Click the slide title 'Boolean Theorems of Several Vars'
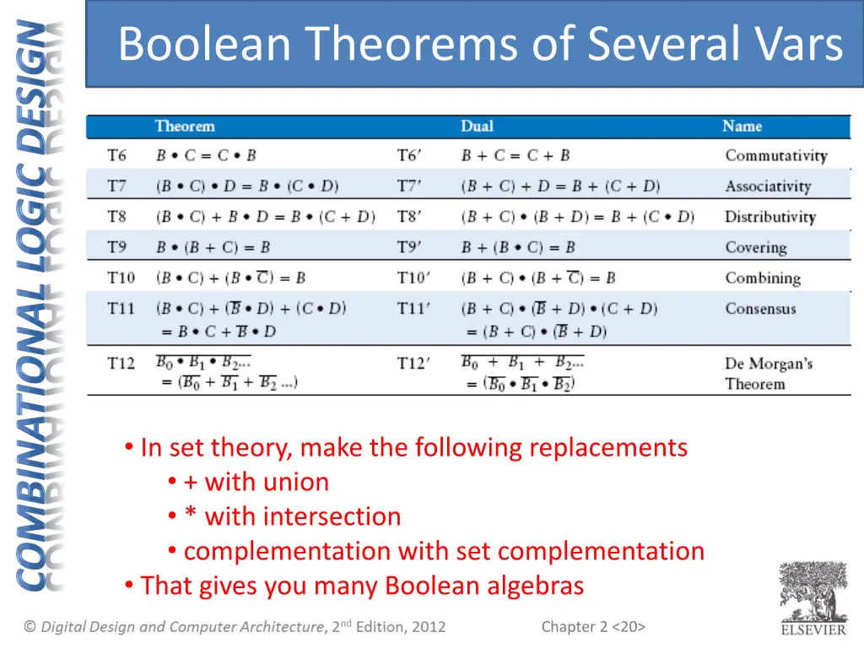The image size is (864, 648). tap(480, 44)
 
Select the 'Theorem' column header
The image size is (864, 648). tap(185, 127)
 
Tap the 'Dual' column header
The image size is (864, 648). tap(477, 127)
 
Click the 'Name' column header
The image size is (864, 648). tap(742, 127)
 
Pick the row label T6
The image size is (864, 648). tap(116, 155)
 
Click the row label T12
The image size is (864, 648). tap(121, 364)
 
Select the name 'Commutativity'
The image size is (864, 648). tap(775, 155)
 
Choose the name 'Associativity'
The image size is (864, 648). tap(767, 186)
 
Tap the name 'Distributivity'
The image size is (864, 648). tap(769, 217)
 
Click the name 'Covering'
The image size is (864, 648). tap(755, 247)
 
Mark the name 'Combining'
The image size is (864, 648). tap(762, 278)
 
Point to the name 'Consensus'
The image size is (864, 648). tap(760, 309)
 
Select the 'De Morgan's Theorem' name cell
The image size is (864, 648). tap(768, 374)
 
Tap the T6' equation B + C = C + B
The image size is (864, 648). tap(515, 155)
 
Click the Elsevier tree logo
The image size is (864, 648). tap(813, 593)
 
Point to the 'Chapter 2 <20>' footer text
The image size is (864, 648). tap(593, 626)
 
